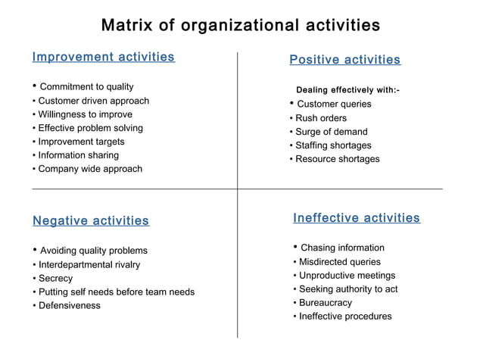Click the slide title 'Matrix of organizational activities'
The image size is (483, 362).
point(241,25)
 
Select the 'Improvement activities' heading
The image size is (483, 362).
point(104,57)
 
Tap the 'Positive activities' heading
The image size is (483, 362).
point(345,60)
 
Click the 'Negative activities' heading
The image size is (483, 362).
point(91,221)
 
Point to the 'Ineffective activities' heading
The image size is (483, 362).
point(356,218)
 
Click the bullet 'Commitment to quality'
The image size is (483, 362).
point(86,86)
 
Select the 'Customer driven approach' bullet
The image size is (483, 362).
point(93,101)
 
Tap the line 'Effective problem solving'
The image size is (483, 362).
point(90,128)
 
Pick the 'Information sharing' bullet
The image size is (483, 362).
point(78,155)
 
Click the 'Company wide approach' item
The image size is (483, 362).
point(89,169)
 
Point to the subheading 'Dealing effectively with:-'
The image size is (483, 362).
point(348,90)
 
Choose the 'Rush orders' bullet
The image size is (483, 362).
point(321,118)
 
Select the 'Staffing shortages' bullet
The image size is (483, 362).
point(333,145)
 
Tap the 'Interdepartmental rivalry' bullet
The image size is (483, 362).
point(89,265)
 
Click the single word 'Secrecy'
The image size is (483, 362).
point(55,279)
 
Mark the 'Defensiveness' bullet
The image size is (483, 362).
point(69,306)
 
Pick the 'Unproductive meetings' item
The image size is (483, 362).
point(347,276)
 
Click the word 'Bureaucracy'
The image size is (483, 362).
point(326,303)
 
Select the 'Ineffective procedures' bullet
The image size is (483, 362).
point(345,317)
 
